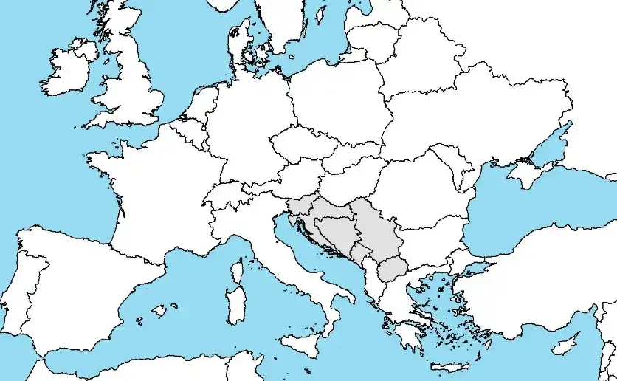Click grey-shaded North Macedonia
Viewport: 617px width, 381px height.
click(393, 270)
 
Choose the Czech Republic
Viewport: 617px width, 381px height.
click(303, 144)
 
